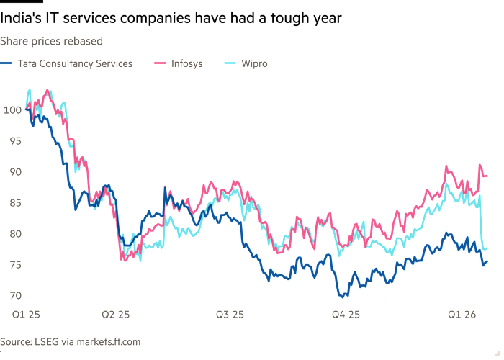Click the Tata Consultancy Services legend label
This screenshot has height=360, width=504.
tap(75, 64)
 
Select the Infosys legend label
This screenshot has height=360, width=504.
tap(186, 64)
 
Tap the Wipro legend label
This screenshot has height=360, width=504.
tap(254, 64)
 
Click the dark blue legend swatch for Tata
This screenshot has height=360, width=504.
tap(8, 64)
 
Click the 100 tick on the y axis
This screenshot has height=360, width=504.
tap(12, 110)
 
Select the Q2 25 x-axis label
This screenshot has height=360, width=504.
tap(115, 314)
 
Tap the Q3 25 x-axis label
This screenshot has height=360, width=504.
tap(230, 314)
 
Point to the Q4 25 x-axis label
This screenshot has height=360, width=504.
tap(345, 314)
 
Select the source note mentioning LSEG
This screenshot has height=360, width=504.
tap(70, 341)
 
